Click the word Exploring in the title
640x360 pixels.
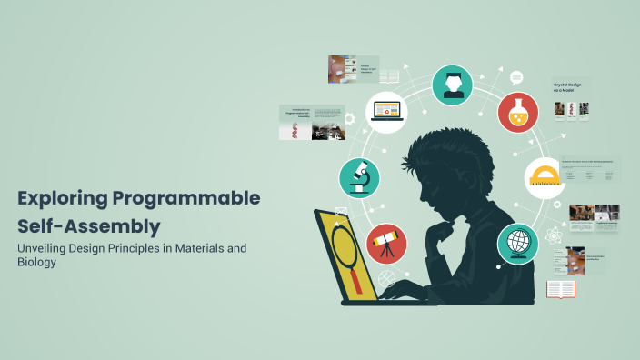click(61, 198)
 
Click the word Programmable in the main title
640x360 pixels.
click(186, 198)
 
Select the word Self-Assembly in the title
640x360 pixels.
click(88, 225)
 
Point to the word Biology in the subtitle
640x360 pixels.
click(36, 263)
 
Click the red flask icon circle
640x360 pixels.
click(518, 112)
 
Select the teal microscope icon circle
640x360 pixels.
click(360, 177)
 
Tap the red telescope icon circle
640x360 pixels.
click(385, 243)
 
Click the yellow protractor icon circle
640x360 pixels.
click(545, 177)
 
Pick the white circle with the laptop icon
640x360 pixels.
click(385, 112)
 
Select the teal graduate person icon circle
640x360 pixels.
click(452, 85)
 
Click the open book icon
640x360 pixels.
click(561, 289)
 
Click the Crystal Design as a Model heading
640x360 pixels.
click(566, 88)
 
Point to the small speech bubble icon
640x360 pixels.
click(516, 77)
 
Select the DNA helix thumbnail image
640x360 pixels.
click(295, 131)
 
